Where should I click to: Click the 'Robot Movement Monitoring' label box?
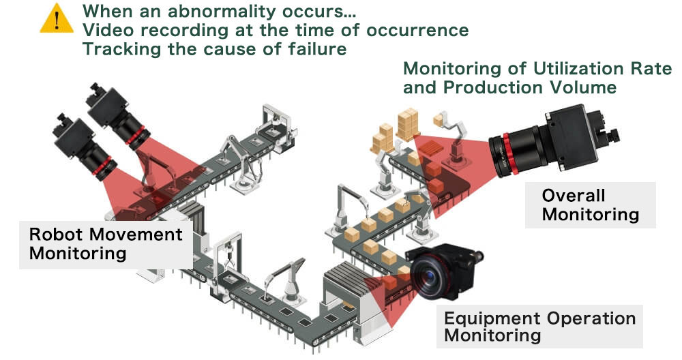[106, 243]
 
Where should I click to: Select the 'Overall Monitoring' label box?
[591, 205]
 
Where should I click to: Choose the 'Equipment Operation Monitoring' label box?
[539, 327]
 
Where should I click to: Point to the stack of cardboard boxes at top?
[409, 123]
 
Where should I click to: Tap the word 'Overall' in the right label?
[574, 196]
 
